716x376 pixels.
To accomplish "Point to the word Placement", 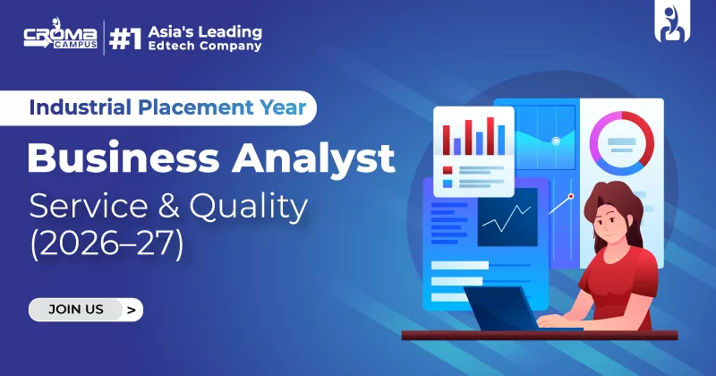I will [186, 109].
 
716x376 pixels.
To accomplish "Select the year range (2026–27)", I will [107, 244].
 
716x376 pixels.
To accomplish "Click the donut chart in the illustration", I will [621, 141].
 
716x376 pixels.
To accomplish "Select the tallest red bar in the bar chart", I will [490, 133].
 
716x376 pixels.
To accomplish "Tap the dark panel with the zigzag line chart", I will [507, 216].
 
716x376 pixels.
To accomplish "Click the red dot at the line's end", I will [570, 194].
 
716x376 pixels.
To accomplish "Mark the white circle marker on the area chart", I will [556, 141].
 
